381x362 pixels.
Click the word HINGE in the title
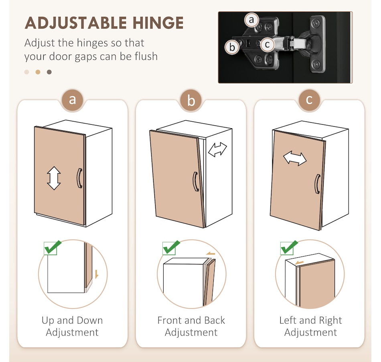pyautogui.click(x=158, y=23)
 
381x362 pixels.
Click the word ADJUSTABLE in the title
pyautogui.click(x=76, y=23)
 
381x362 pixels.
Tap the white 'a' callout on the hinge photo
pyautogui.click(x=251, y=20)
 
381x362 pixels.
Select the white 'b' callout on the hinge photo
pyautogui.click(x=232, y=47)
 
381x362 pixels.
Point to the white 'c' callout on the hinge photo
pyautogui.click(x=267, y=44)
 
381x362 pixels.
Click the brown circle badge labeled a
pyautogui.click(x=73, y=100)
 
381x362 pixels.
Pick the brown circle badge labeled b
pyautogui.click(x=191, y=100)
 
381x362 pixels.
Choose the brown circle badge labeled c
pyautogui.click(x=309, y=100)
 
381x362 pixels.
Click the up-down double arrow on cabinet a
pyautogui.click(x=54, y=178)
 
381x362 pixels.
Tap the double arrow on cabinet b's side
pyautogui.click(x=217, y=150)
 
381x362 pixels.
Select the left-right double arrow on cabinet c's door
pyautogui.click(x=295, y=158)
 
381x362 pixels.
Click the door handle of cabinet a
pyautogui.click(x=79, y=178)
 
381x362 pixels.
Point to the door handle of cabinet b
pyautogui.click(x=196, y=182)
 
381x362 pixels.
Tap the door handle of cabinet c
pyautogui.click(x=317, y=184)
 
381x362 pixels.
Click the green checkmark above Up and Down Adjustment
pyautogui.click(x=53, y=247)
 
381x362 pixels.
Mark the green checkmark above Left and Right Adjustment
pyautogui.click(x=289, y=247)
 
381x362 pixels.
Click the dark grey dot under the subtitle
pyautogui.click(x=49, y=72)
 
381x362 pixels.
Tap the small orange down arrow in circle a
pyautogui.click(x=97, y=274)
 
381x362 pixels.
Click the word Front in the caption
pyautogui.click(x=170, y=320)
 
